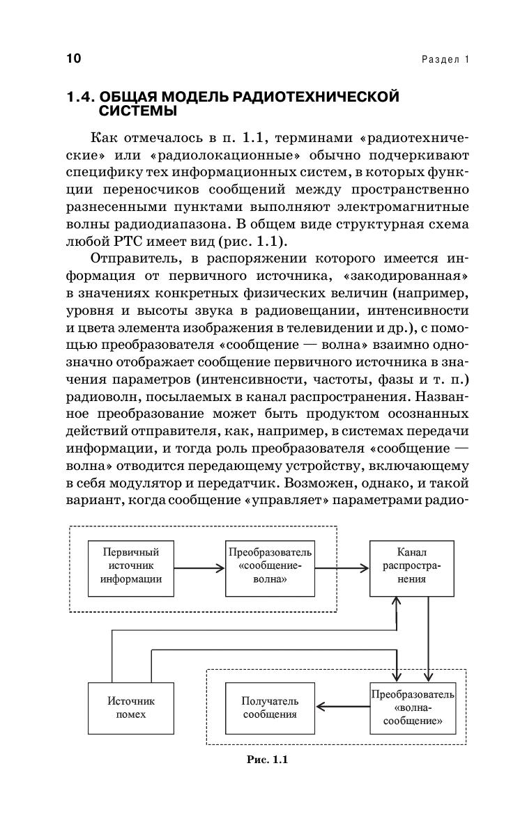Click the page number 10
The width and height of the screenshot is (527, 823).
point(75,58)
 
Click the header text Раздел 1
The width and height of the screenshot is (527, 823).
point(445,59)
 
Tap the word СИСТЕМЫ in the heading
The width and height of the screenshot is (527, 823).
point(137,111)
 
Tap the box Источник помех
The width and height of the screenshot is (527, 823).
point(131,707)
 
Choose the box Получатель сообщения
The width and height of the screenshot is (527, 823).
point(270,707)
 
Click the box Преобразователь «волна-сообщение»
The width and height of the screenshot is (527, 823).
point(413,707)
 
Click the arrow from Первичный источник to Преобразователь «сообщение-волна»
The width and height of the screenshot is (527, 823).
point(199,568)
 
